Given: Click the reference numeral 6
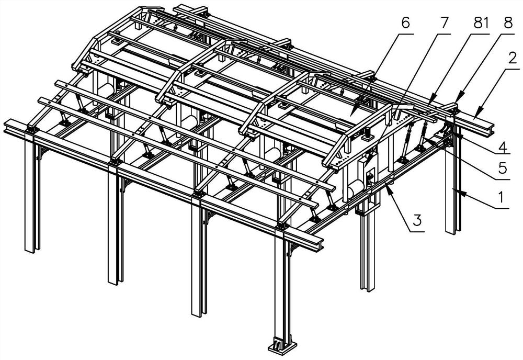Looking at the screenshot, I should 406,24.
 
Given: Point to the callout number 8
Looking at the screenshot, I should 506,24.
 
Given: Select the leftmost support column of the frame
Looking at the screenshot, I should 30,199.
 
